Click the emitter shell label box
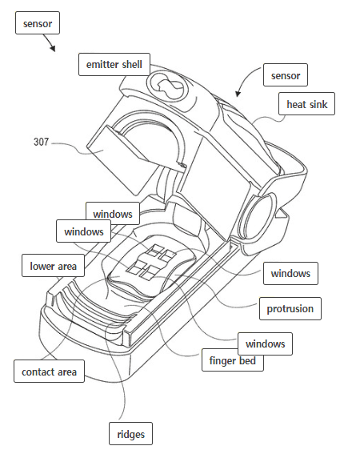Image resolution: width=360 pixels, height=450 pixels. point(114,64)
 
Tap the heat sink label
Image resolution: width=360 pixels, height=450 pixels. point(306,103)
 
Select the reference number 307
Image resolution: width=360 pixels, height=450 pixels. point(42,142)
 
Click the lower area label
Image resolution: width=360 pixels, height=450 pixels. point(53,266)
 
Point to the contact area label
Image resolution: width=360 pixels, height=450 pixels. point(49,371)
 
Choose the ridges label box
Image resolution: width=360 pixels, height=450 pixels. point(130,434)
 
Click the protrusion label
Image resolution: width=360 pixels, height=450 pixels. point(290,308)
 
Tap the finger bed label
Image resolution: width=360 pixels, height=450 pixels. point(233,360)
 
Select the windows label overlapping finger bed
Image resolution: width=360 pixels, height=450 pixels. point(265,344)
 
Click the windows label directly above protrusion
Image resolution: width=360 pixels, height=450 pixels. point(290,273)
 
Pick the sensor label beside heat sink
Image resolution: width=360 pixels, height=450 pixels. point(286,75)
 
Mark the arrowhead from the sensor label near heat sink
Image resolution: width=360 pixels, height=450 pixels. point(238,94)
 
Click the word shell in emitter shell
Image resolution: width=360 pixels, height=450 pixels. point(131,64)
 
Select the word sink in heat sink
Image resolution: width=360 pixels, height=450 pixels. point(318,104)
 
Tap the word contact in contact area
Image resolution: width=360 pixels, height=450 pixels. point(36,372)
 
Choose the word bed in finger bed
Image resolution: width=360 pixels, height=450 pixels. point(247,360)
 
